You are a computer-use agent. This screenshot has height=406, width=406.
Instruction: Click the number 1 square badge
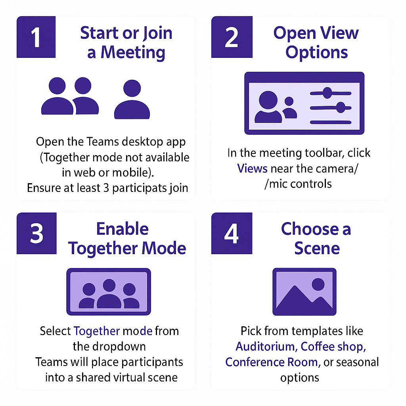coord(36,37)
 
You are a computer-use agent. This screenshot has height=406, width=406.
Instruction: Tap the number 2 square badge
coord(232,37)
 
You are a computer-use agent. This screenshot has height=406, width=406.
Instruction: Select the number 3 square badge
coord(36,233)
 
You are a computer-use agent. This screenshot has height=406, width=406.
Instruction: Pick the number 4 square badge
coord(232,233)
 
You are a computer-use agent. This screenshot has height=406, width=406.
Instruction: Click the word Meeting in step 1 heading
coord(133,53)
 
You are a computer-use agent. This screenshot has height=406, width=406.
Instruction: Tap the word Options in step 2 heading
coord(316,53)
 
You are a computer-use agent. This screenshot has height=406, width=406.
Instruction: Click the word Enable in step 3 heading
coord(123,229)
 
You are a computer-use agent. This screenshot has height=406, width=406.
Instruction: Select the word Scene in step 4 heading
coord(317,248)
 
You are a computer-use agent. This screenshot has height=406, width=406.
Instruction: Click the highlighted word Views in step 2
coord(252,169)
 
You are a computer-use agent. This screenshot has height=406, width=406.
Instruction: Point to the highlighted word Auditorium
coord(265,347)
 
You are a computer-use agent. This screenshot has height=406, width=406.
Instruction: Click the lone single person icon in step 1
coord(132,99)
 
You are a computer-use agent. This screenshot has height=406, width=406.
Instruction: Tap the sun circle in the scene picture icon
coord(318,284)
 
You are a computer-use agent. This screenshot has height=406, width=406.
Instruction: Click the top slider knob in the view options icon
coord(327,93)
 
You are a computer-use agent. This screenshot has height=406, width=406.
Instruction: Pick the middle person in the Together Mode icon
coord(109,293)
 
